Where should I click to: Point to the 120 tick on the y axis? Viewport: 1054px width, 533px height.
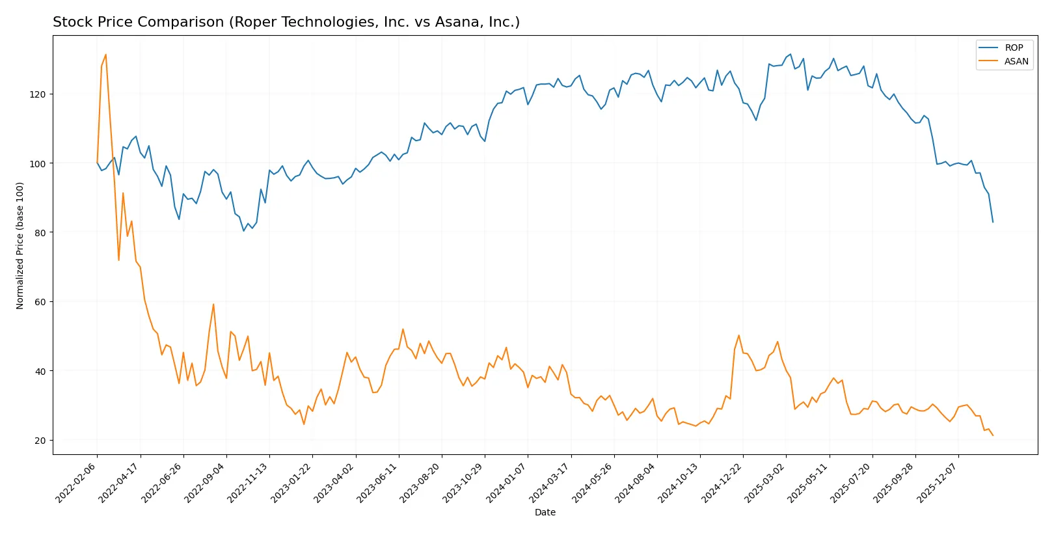38,94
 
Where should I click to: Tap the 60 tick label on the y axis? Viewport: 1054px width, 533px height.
40,302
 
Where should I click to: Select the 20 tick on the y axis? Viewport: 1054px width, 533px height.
40,441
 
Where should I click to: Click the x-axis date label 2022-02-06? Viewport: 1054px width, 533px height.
77,482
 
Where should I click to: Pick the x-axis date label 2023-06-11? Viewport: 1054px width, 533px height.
378,482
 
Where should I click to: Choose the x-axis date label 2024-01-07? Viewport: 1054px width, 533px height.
507,482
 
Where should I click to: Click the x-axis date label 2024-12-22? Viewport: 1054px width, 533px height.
722,482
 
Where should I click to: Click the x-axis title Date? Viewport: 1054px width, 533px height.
545,512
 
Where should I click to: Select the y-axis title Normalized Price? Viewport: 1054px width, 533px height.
20,245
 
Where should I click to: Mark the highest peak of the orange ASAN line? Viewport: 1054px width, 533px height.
106,55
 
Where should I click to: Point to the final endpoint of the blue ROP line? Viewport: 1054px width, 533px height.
993,222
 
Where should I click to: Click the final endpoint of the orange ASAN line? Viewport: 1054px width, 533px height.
993,435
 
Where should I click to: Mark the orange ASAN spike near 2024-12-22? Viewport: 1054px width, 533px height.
739,336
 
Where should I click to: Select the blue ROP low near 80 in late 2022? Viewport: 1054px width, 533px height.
244,231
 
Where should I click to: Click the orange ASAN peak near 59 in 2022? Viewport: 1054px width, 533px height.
213,304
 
